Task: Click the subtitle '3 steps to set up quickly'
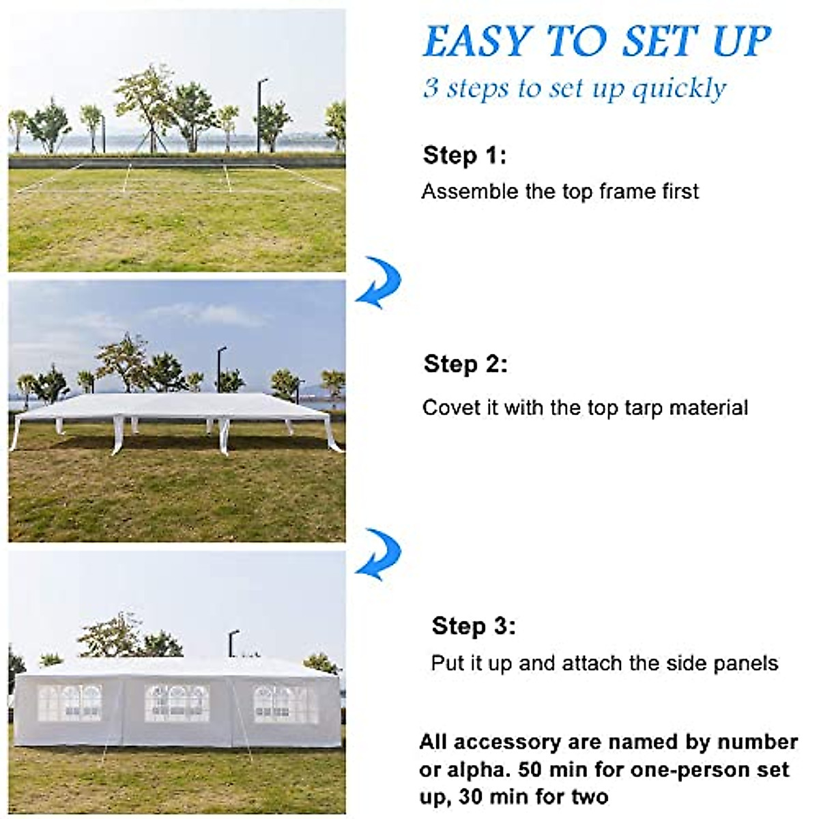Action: [575, 89]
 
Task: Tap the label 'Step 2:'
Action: [465, 364]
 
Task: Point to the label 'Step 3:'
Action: [474, 626]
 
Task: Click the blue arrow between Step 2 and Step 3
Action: [379, 554]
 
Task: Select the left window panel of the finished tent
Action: [69, 703]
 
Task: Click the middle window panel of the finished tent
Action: [177, 703]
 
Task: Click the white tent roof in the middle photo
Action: [177, 406]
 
